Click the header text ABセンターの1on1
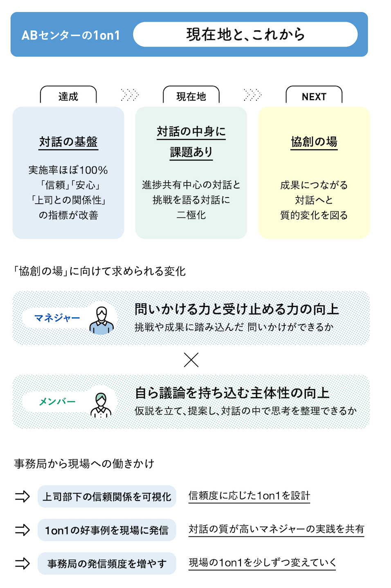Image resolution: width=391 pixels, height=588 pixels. click(71, 35)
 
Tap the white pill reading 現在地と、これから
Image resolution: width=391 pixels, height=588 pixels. click(245, 34)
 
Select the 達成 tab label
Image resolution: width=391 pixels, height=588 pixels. click(68, 97)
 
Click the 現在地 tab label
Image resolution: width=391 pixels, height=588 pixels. click(191, 97)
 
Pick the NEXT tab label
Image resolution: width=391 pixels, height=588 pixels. click(314, 97)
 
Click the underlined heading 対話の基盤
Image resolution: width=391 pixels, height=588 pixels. click(68, 142)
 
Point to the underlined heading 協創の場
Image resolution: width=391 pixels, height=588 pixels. click(314, 142)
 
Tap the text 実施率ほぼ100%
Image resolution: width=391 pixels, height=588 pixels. click(68, 170)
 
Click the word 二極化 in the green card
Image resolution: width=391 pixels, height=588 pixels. click(191, 215)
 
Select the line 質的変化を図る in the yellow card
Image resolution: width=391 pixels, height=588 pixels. click(314, 215)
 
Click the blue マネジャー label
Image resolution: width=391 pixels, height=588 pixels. click(57, 318)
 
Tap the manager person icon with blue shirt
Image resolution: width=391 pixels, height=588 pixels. click(101, 320)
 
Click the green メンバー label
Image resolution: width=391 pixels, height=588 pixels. click(57, 402)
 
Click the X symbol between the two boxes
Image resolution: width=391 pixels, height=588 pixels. click(191, 360)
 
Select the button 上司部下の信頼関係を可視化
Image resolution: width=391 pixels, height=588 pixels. click(107, 496)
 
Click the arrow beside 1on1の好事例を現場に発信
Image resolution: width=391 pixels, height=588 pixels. click(22, 530)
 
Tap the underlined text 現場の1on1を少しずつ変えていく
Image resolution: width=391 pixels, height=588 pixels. click(262, 563)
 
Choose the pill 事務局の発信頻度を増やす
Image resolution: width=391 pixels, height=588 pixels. click(107, 563)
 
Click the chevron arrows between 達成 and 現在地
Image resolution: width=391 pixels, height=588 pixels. click(130, 95)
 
